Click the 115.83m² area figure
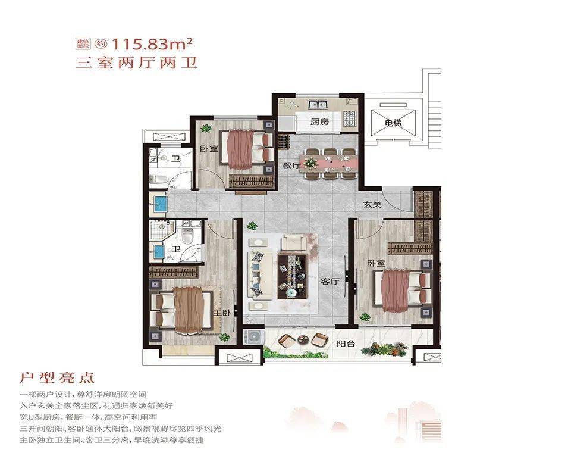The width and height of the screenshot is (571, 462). [x=152, y=44]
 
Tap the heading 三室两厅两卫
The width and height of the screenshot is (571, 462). [x=137, y=63]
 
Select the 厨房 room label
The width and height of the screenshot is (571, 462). [x=319, y=121]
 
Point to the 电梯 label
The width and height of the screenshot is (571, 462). [x=393, y=123]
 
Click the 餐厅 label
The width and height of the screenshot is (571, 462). [x=291, y=166]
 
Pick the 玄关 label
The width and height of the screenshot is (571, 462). [x=372, y=205]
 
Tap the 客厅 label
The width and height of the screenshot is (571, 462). [x=330, y=282]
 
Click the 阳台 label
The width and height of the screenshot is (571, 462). [x=346, y=344]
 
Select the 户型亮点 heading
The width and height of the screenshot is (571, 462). [x=57, y=378]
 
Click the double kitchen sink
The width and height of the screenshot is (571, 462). [x=318, y=105]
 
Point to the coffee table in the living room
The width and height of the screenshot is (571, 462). [x=293, y=276]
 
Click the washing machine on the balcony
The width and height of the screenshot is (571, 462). [x=251, y=337]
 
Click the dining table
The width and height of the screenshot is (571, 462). [x=327, y=163]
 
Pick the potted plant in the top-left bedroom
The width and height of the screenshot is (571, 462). [x=206, y=128]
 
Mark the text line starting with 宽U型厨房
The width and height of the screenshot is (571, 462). [x=89, y=417]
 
